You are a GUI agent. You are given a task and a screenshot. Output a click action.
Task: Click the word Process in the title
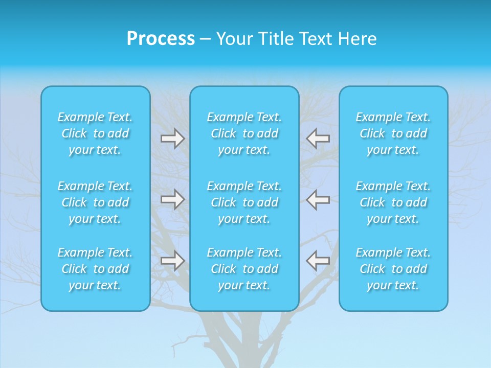(161, 39)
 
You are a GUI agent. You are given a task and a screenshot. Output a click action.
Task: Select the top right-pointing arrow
(173, 139)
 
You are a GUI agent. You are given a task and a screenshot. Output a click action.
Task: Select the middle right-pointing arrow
(173, 199)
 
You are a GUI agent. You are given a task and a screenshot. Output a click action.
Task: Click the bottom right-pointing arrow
(173, 261)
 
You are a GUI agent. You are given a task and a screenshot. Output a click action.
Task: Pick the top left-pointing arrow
(318, 139)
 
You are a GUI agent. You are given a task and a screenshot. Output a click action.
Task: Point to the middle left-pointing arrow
(318, 199)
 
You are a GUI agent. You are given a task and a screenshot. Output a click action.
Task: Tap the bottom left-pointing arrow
(318, 261)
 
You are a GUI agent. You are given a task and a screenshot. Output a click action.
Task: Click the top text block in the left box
(95, 133)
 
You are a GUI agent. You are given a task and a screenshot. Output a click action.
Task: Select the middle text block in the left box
(95, 202)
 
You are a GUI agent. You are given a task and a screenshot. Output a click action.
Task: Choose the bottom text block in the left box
(95, 269)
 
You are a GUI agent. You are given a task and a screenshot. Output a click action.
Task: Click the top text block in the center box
(244, 133)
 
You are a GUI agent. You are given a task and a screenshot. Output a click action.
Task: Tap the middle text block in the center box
(244, 202)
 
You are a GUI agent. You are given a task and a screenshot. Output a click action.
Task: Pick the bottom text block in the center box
(244, 269)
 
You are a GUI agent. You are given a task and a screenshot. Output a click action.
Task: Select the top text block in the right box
(393, 133)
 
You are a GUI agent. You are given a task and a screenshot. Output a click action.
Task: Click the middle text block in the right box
(393, 202)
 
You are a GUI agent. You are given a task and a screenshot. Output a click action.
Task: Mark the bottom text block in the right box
(393, 269)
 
